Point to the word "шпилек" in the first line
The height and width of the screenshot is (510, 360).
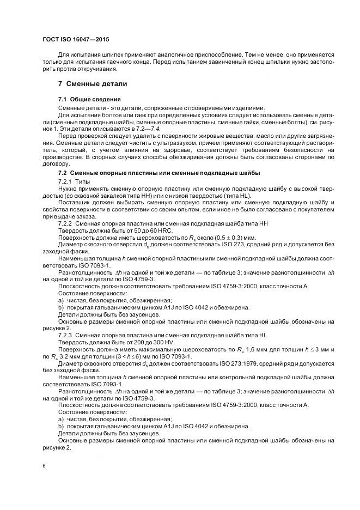tap(108, 54)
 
